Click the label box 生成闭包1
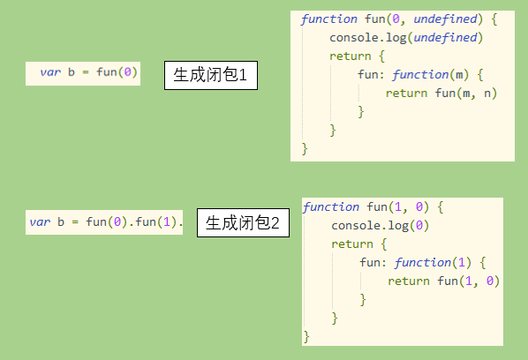(211, 75)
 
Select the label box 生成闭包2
(243, 222)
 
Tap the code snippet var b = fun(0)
(83, 73)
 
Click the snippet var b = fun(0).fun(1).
(104, 222)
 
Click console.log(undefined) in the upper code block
(406, 38)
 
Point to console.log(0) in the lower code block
(380, 226)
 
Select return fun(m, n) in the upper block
(441, 94)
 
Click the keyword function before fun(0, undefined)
(329, 19)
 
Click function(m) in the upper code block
(430, 75)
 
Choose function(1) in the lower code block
(433, 262)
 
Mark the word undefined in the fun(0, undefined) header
(445, 19)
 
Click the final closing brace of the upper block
(305, 148)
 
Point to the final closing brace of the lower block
(306, 336)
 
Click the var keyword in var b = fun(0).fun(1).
(40, 222)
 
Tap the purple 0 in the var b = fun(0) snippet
(128, 72)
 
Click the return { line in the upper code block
(357, 56)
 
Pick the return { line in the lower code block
(359, 244)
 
